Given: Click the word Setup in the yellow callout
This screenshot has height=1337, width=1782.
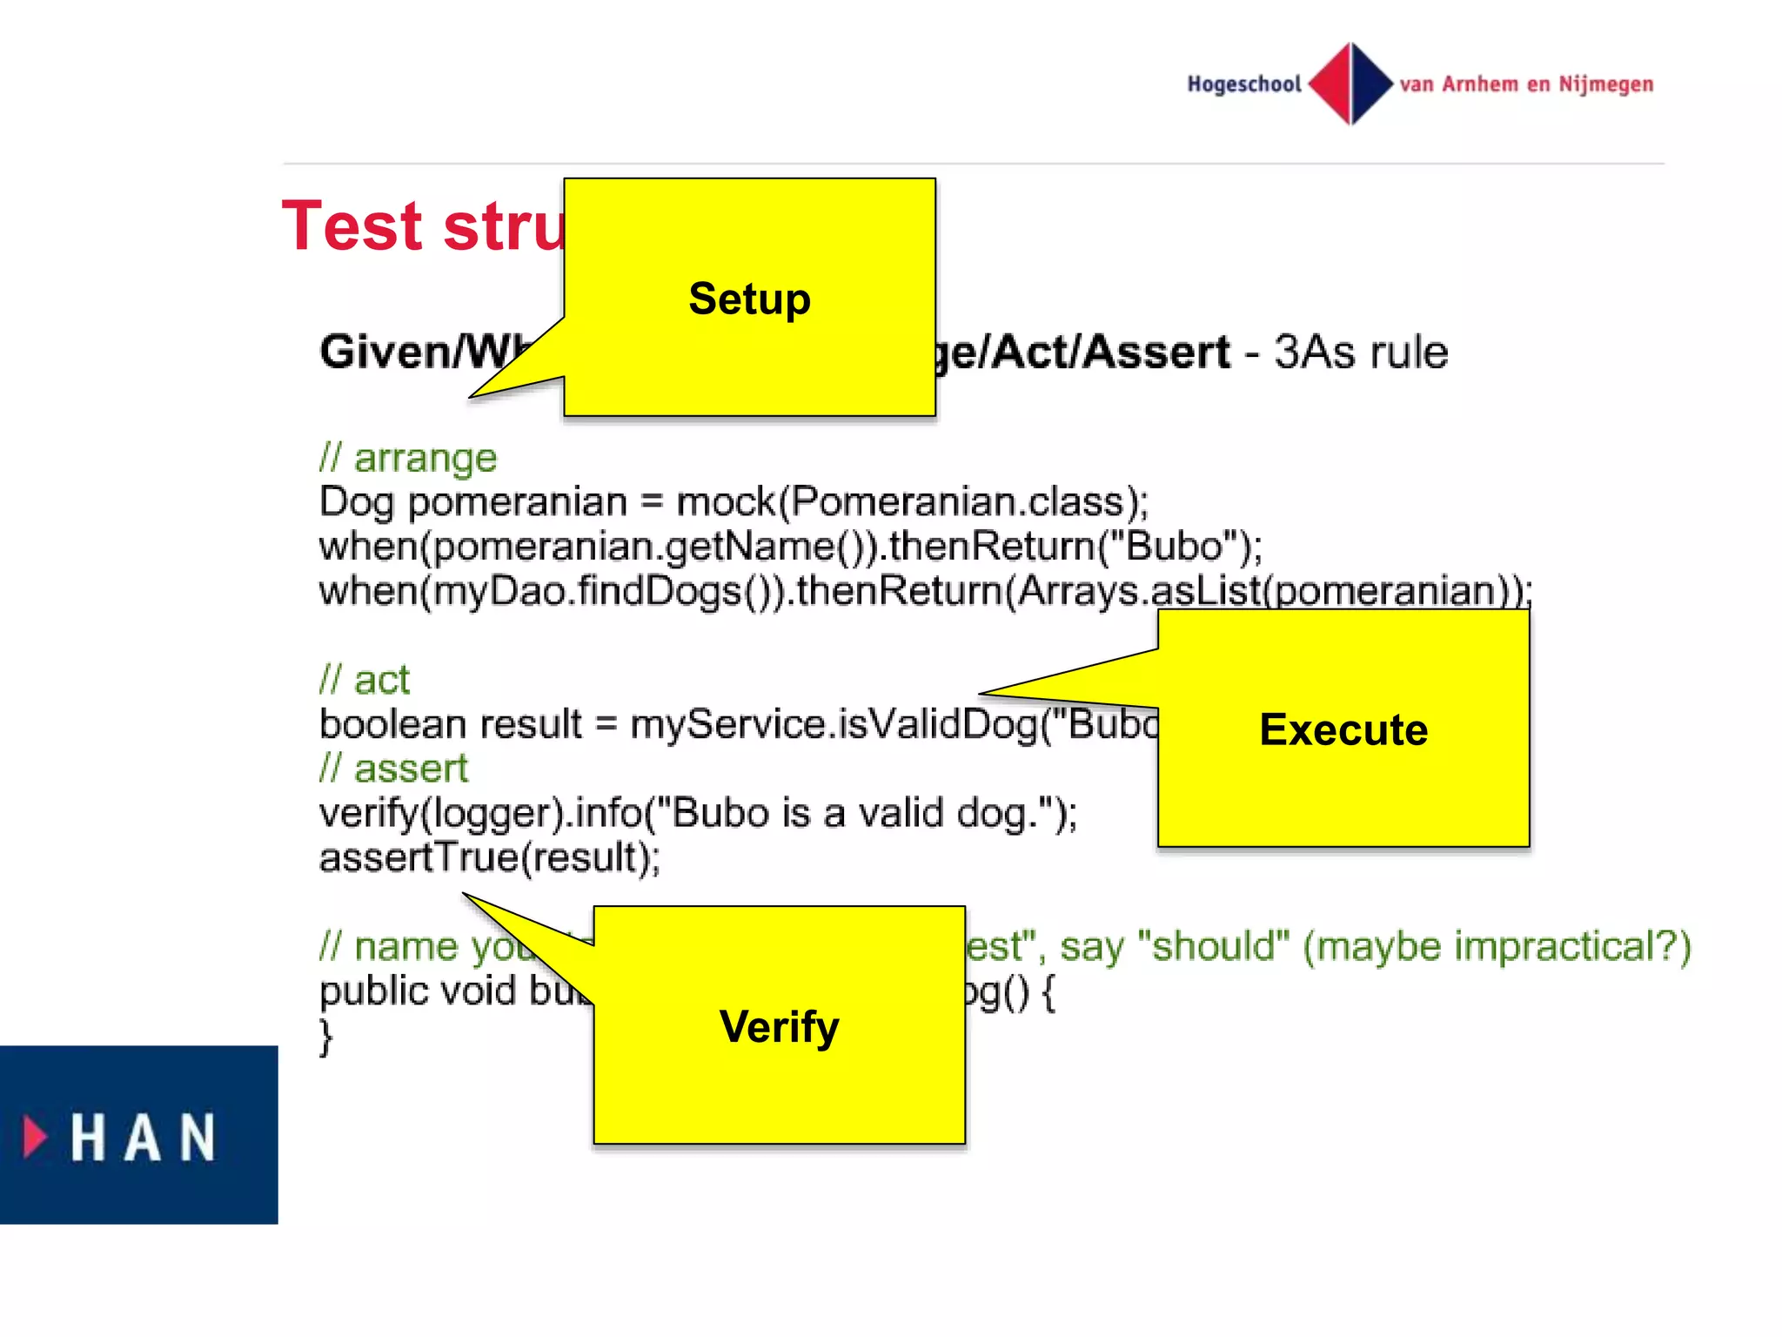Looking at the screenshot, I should pos(749,299).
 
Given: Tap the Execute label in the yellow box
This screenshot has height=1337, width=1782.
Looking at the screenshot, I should pos(1343,729).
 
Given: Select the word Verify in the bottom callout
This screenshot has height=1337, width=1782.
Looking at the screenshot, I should pos(779,1026).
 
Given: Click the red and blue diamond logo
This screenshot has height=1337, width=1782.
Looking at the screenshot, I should pos(1350,84).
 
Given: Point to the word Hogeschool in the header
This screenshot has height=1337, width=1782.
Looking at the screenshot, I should pos(1244,84).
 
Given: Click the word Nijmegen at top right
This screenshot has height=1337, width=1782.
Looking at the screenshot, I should pos(1605,84).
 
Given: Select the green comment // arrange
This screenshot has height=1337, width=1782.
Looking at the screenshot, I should pos(408,458).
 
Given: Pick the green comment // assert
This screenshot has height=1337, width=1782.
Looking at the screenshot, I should pos(393,769).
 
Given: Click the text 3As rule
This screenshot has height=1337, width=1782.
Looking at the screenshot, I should pos(1361,353).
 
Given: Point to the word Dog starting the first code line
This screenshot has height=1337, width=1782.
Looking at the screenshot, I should pos(356,503).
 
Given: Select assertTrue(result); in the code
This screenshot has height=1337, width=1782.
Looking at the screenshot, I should pos(490,857).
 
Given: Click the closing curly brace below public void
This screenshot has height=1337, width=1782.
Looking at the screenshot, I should pos(326,1037).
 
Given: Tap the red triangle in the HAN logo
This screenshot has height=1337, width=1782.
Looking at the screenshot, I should pos(35,1136).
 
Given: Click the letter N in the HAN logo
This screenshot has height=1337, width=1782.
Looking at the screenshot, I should pos(198,1137).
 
